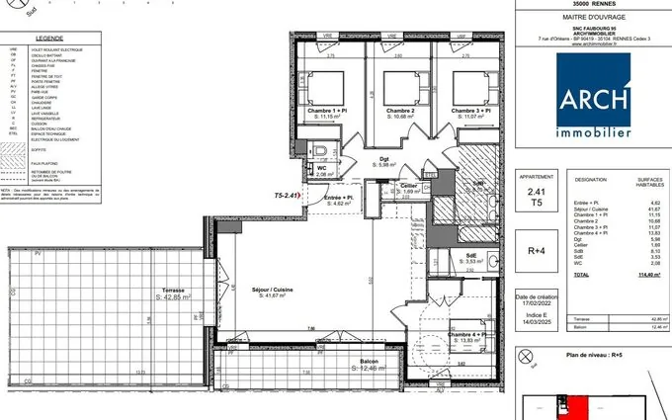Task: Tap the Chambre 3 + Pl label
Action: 470,112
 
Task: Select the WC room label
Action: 322,169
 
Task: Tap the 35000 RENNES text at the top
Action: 592,4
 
